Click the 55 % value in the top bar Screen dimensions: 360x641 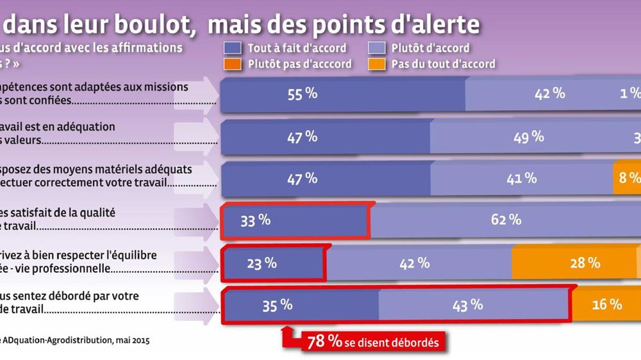[x=303, y=94]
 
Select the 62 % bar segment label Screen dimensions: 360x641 [x=506, y=220]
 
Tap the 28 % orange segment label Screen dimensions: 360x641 [x=585, y=263]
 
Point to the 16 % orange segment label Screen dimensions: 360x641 [x=607, y=305]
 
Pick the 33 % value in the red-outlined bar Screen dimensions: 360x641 [x=255, y=221]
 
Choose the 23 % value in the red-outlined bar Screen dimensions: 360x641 [x=262, y=263]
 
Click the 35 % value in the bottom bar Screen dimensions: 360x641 [x=277, y=306]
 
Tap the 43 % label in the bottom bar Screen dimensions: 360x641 [x=467, y=306]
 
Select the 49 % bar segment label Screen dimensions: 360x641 [x=529, y=136]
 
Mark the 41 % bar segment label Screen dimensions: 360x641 [x=521, y=179]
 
